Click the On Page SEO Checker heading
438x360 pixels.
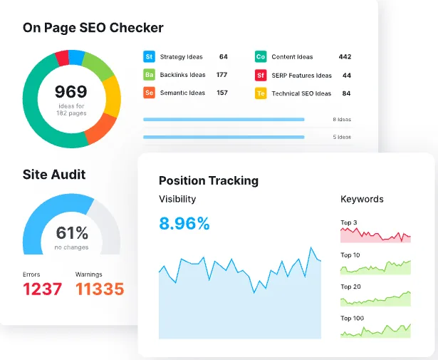click(x=93, y=28)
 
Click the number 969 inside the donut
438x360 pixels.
click(x=71, y=91)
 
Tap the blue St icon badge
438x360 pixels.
click(x=150, y=56)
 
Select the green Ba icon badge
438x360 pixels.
click(x=150, y=75)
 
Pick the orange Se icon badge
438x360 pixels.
click(x=150, y=93)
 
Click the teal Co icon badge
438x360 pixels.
click(x=260, y=56)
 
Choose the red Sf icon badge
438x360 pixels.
click(x=260, y=75)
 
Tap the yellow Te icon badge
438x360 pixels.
click(x=260, y=93)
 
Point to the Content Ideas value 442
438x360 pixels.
click(x=345, y=56)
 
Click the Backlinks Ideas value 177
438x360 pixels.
click(x=221, y=75)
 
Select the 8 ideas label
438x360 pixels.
click(x=342, y=120)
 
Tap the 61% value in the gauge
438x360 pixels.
click(x=72, y=232)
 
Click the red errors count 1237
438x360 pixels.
click(x=43, y=289)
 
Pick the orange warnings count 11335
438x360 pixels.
click(x=100, y=289)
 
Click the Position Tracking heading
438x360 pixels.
click(x=209, y=180)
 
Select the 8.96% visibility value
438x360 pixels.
click(x=184, y=224)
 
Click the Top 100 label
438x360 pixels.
click(x=353, y=318)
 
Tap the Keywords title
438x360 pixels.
click(x=362, y=199)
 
